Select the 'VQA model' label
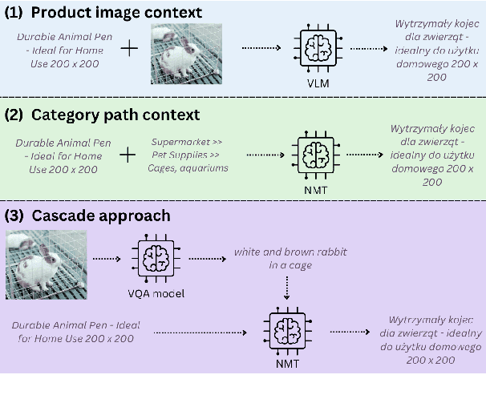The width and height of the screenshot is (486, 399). point(156,293)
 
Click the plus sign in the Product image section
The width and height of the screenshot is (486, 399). point(128,50)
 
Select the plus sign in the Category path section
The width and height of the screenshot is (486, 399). point(128,153)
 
